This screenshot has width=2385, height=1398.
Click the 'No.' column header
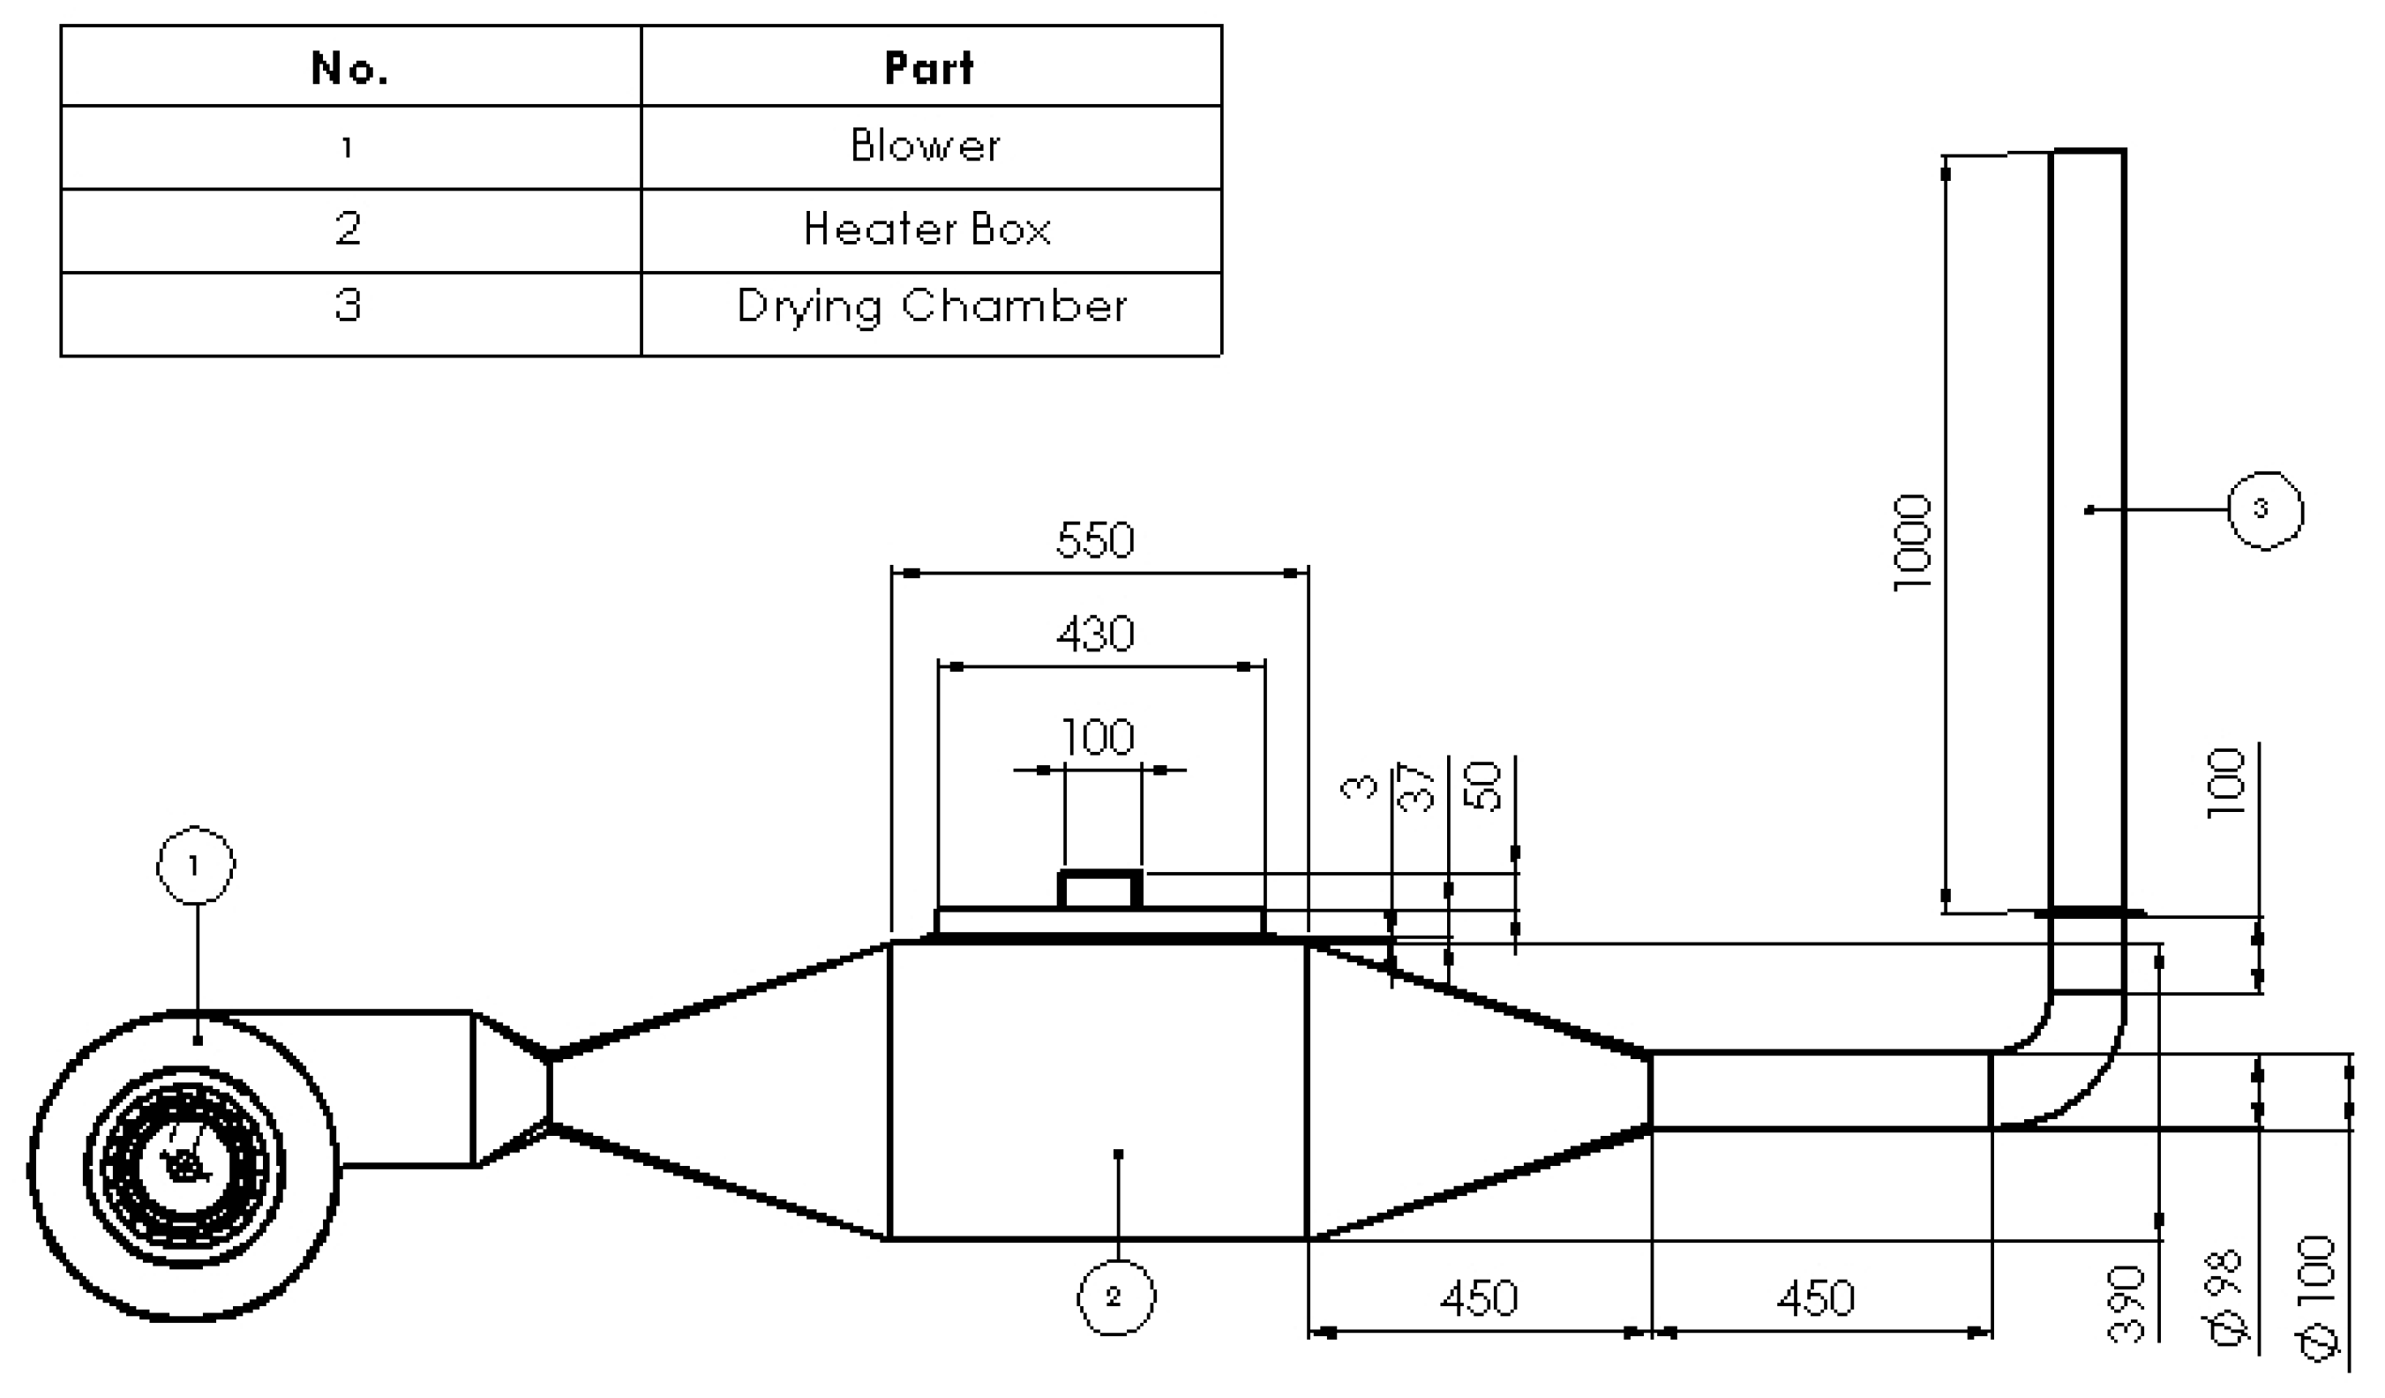point(349,67)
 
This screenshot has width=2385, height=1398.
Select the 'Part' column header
point(928,67)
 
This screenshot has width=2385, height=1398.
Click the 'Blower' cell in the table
point(925,146)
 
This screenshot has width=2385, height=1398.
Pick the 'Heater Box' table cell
point(926,229)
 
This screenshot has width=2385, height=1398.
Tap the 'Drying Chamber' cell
point(931,306)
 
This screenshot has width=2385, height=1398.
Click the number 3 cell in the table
point(349,305)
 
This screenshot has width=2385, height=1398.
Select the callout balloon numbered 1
point(195,865)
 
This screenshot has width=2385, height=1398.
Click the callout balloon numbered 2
point(1116,1297)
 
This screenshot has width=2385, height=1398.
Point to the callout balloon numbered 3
point(2265,510)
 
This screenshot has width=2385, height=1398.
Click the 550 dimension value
point(1095,540)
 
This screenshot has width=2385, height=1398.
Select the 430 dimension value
point(1095,635)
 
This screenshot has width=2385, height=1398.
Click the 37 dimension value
point(1417,786)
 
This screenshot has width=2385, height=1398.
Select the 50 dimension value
point(1483,786)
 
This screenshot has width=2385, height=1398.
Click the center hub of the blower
point(184,1166)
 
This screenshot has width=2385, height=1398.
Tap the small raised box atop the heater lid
point(1099,890)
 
